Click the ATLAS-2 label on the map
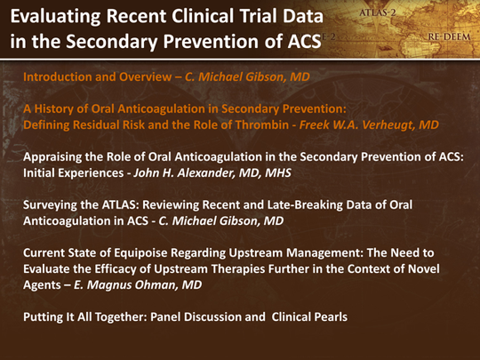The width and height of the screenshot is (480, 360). [378, 12]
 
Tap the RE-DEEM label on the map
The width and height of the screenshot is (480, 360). [449, 37]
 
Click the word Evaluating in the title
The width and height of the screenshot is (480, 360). [55, 18]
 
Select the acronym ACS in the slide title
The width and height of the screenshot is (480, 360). [305, 41]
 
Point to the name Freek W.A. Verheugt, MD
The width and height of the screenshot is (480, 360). [369, 125]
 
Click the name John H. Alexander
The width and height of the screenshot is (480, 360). [184, 173]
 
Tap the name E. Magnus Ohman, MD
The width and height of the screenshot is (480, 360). [138, 285]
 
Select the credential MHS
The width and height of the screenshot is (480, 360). [278, 173]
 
